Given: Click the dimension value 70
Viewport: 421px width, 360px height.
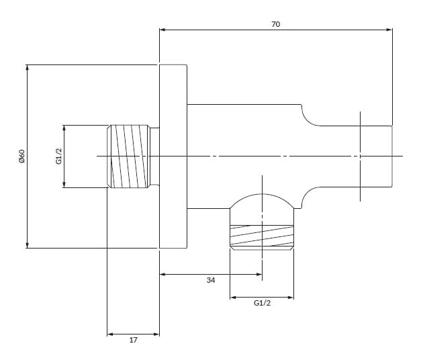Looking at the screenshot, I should [275, 24].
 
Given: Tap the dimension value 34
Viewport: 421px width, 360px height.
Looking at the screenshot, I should [211, 281].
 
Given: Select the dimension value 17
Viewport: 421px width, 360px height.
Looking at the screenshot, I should [133, 341].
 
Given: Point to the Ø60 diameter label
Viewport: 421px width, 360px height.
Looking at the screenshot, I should [21, 156].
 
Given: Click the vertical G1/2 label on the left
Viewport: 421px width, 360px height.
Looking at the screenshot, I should [58, 156].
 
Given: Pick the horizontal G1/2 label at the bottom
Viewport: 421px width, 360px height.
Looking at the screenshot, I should [262, 304].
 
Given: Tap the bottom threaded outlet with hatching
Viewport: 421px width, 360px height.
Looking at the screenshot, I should [262, 236].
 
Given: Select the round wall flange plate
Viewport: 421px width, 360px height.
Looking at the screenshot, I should [173, 156].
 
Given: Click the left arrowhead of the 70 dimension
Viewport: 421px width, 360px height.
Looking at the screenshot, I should [162, 30].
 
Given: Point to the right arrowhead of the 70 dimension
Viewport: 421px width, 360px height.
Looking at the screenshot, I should [389, 30].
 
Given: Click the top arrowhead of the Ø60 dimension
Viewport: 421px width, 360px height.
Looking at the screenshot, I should [28, 67].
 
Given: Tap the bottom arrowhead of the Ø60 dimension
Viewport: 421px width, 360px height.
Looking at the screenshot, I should [28, 245].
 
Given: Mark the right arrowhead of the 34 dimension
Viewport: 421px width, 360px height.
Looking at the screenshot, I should [259, 274].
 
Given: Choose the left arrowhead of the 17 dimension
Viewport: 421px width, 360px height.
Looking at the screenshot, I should [110, 333].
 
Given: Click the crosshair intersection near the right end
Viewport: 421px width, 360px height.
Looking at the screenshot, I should [361, 156].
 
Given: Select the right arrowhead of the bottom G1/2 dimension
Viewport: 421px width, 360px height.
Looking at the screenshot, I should [291, 297].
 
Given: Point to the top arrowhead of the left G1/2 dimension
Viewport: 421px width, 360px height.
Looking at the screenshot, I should [64, 128].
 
